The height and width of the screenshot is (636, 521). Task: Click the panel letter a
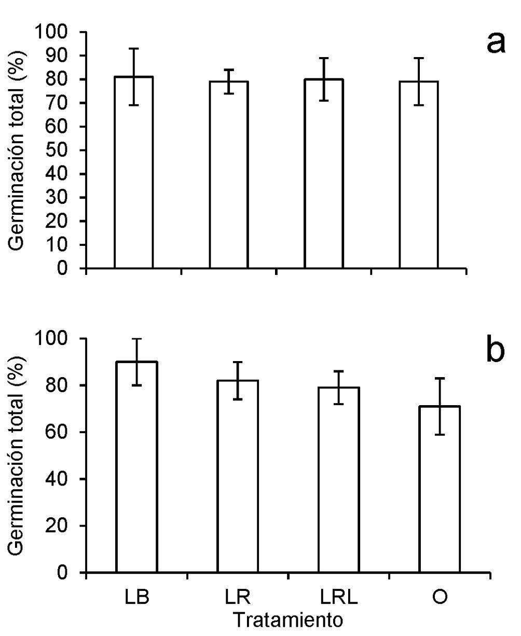coord(496,43)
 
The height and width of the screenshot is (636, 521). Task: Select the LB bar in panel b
coord(136,467)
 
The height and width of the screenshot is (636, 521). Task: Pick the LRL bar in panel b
coord(339,480)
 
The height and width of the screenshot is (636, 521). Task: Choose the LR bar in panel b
coord(238,476)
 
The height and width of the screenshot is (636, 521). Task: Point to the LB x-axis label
coord(137,597)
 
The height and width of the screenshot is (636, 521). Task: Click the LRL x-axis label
coord(339,597)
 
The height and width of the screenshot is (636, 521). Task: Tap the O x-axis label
coord(440,597)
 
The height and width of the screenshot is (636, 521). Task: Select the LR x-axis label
coord(238,597)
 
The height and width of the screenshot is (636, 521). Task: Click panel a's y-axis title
coord(20,150)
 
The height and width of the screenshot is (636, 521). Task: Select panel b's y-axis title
coord(20,455)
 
